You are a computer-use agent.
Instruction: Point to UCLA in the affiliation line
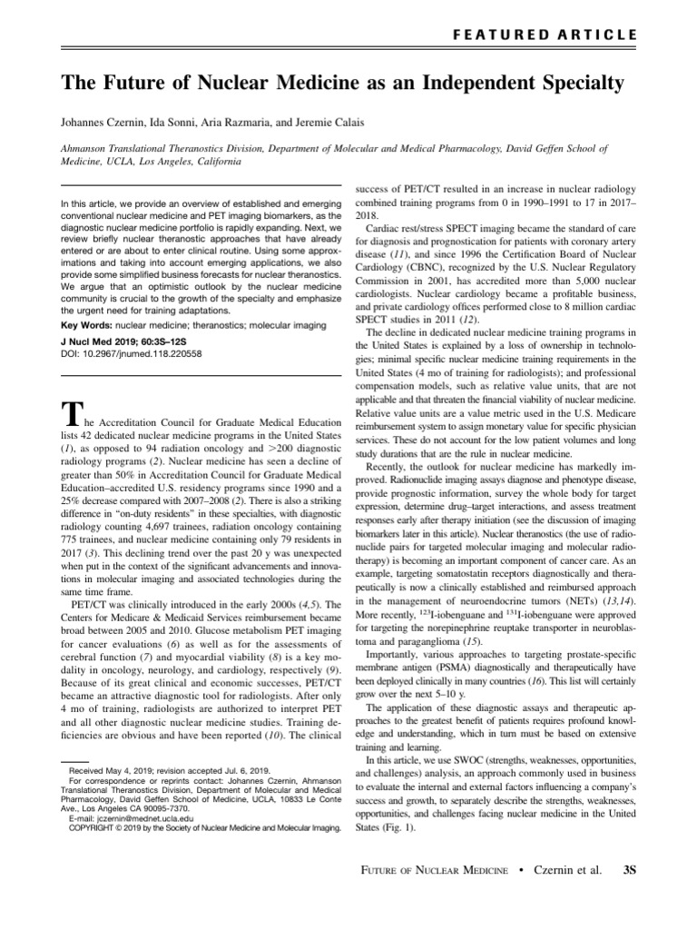click(x=123, y=161)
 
